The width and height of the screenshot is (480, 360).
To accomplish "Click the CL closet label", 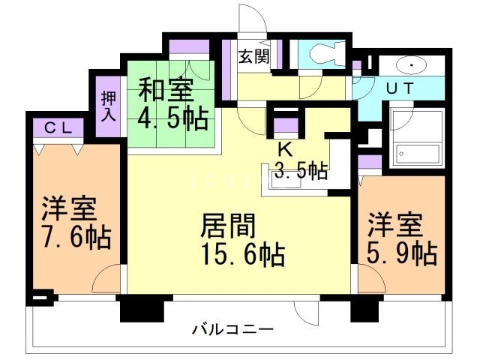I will click(x=57, y=127).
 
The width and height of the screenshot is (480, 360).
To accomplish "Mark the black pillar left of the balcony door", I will click(x=141, y=308).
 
